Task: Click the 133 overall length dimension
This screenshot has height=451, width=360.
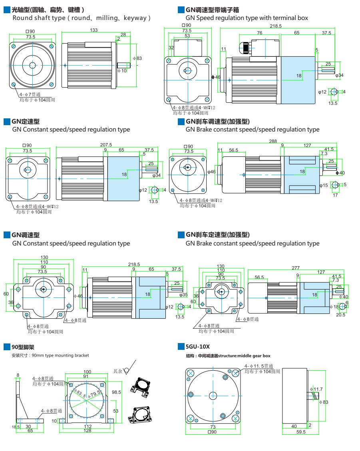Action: [x=93, y=30]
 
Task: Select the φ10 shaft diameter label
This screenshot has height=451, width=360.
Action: [x=122, y=71]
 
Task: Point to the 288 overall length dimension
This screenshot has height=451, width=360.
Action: [x=273, y=141]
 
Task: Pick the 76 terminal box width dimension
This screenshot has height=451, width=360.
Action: [x=260, y=33]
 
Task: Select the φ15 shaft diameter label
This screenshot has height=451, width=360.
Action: [x=323, y=185]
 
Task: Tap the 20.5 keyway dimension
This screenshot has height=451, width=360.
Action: [x=340, y=315]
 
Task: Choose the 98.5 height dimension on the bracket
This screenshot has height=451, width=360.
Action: [x=116, y=392]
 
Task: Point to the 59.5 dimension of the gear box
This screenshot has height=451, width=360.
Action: [x=301, y=432]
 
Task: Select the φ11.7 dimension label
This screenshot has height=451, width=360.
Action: [x=316, y=389]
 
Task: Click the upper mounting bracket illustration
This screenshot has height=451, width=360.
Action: [x=141, y=386]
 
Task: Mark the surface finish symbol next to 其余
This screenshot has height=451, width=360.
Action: [x=127, y=370]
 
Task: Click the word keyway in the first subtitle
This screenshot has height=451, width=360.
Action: [x=135, y=18]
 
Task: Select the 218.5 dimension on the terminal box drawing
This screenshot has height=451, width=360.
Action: [x=275, y=26]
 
